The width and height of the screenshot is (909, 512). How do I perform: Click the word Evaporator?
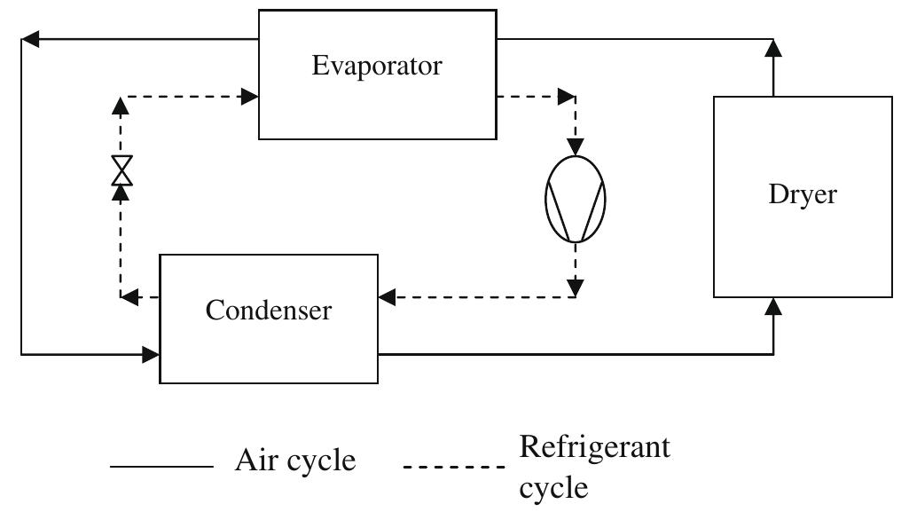coord(377,66)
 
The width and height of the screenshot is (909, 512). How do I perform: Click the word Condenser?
coord(269,310)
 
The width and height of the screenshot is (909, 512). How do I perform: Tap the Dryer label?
coord(803,195)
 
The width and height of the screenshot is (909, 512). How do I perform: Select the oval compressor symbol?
coord(576,197)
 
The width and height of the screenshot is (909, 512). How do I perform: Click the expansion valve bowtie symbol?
coord(121,169)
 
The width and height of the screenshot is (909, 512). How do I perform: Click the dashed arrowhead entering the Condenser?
coord(387,296)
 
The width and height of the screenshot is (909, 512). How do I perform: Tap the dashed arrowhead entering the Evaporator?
coord(250,96)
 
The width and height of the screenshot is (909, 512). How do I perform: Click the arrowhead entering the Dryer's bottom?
coord(774,306)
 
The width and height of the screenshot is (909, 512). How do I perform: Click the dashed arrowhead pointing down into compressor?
coord(576,146)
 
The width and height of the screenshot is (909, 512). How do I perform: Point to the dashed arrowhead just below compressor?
coord(576,287)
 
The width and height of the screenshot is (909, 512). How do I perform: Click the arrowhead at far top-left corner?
coord(29,39)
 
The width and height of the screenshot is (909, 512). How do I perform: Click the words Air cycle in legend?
coord(295,461)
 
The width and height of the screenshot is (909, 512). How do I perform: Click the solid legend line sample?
coord(161,466)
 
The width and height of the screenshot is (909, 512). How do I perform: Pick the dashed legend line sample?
coord(454,466)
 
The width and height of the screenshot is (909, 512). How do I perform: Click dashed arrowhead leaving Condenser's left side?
coord(129,296)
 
